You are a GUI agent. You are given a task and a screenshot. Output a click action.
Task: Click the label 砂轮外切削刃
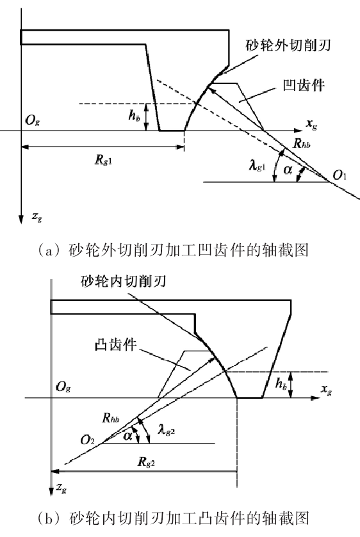288,45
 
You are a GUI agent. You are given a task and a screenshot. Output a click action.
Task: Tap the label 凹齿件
304,85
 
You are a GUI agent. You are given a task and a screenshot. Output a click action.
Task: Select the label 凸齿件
115,344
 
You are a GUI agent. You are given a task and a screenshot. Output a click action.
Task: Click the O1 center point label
340,175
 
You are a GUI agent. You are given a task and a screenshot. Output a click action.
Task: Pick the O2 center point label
87,440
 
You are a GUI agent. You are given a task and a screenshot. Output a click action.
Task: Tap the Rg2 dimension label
147,462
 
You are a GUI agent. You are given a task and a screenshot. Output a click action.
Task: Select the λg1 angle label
257,166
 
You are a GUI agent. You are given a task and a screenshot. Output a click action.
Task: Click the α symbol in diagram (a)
288,169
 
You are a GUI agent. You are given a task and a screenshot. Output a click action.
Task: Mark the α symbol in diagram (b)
127,436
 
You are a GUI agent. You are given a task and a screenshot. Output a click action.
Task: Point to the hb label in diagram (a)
134,115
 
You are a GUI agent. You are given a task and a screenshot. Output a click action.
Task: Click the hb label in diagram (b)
281,383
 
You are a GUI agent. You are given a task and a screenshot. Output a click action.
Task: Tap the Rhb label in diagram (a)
302,143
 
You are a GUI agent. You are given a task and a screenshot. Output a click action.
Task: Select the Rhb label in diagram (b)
111,418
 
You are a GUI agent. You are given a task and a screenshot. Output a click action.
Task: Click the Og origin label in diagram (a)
33,121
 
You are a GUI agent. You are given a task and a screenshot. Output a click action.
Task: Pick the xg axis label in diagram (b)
327,389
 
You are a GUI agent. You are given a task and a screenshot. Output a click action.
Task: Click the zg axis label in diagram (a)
37,216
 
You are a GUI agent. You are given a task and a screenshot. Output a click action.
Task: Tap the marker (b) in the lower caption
46,518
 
